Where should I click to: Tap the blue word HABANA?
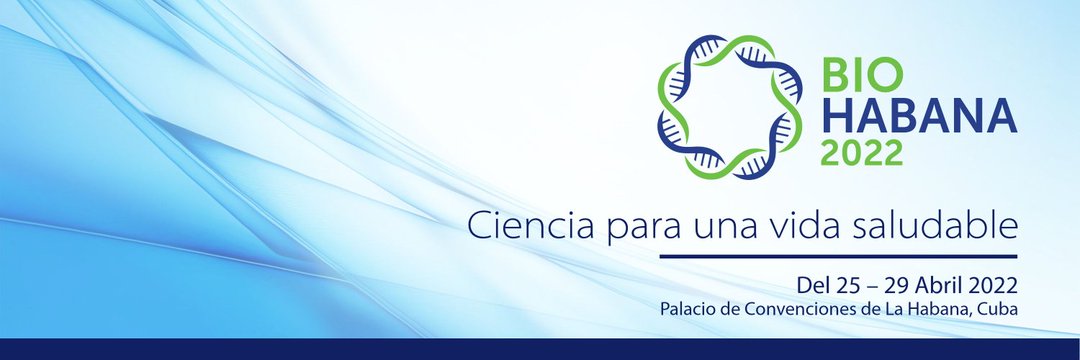[x=919, y=115]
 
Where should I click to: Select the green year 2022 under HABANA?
[x=861, y=152]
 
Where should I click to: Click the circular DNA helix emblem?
[x=729, y=107]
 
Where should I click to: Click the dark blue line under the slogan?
[x=838, y=256]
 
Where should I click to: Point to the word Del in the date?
[x=814, y=284]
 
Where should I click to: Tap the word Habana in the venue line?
[x=942, y=309]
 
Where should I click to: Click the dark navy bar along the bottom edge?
[x=540, y=349]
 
